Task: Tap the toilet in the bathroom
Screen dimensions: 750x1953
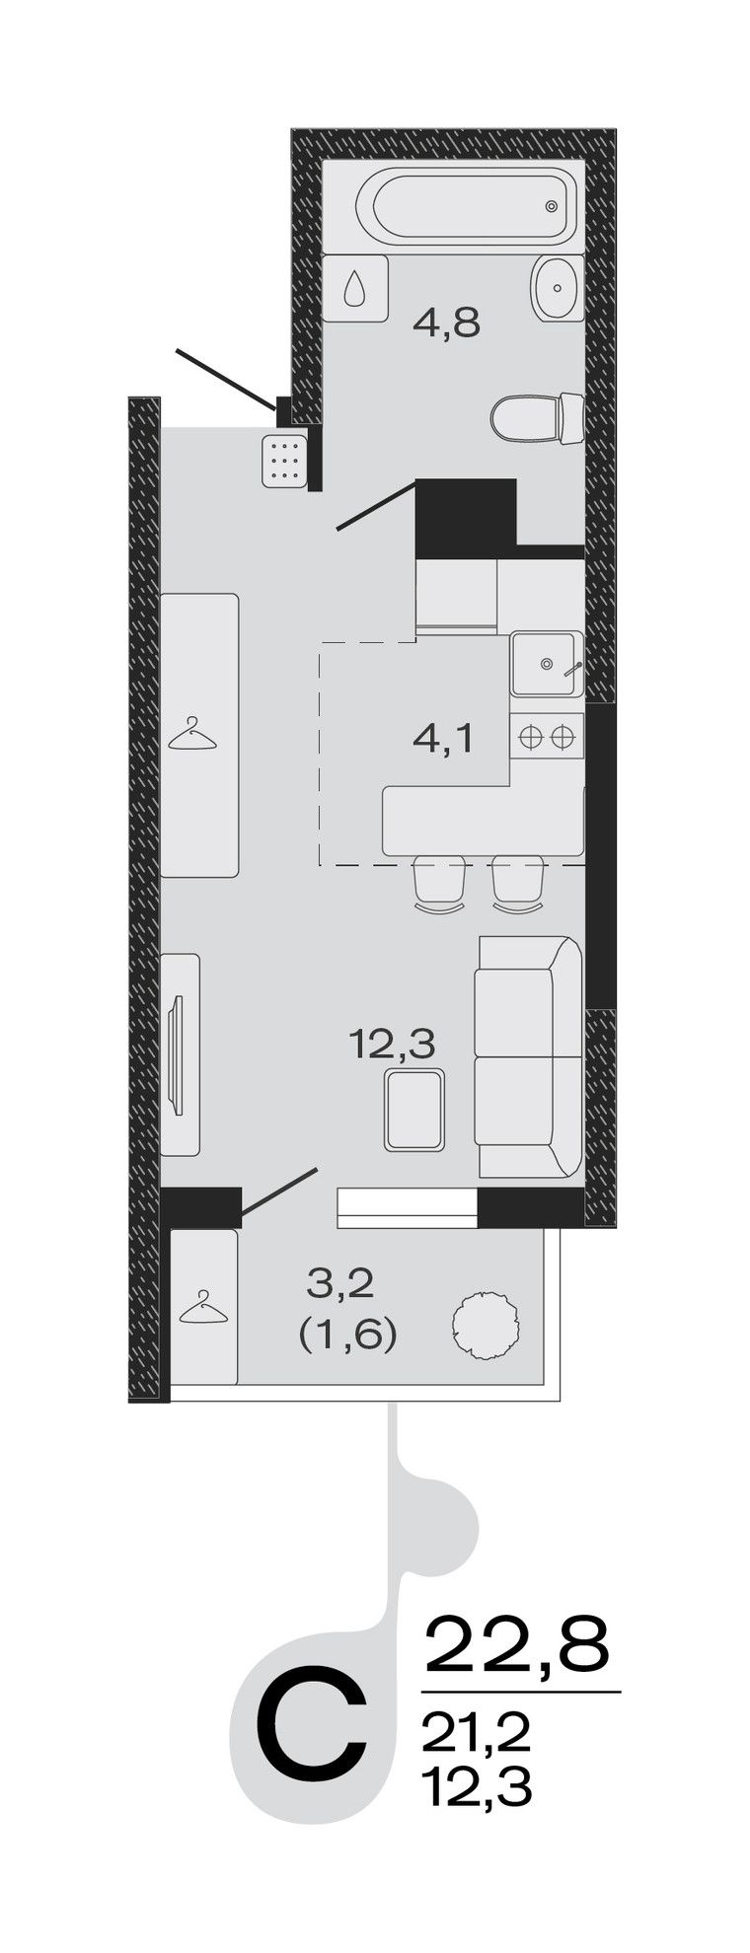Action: point(539,417)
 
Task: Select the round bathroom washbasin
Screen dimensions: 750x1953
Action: point(559,288)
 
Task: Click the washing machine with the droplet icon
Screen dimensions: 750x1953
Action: point(354,288)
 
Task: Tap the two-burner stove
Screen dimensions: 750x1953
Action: point(547,737)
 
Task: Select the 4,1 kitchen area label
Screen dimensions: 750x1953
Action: point(443,737)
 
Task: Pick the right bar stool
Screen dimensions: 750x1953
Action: point(517,883)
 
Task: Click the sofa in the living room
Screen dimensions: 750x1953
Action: point(529,1056)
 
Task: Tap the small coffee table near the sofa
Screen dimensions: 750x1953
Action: point(414,1112)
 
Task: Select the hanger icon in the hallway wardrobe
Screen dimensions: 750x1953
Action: point(192,735)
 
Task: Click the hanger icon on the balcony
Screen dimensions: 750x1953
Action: point(202,1307)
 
